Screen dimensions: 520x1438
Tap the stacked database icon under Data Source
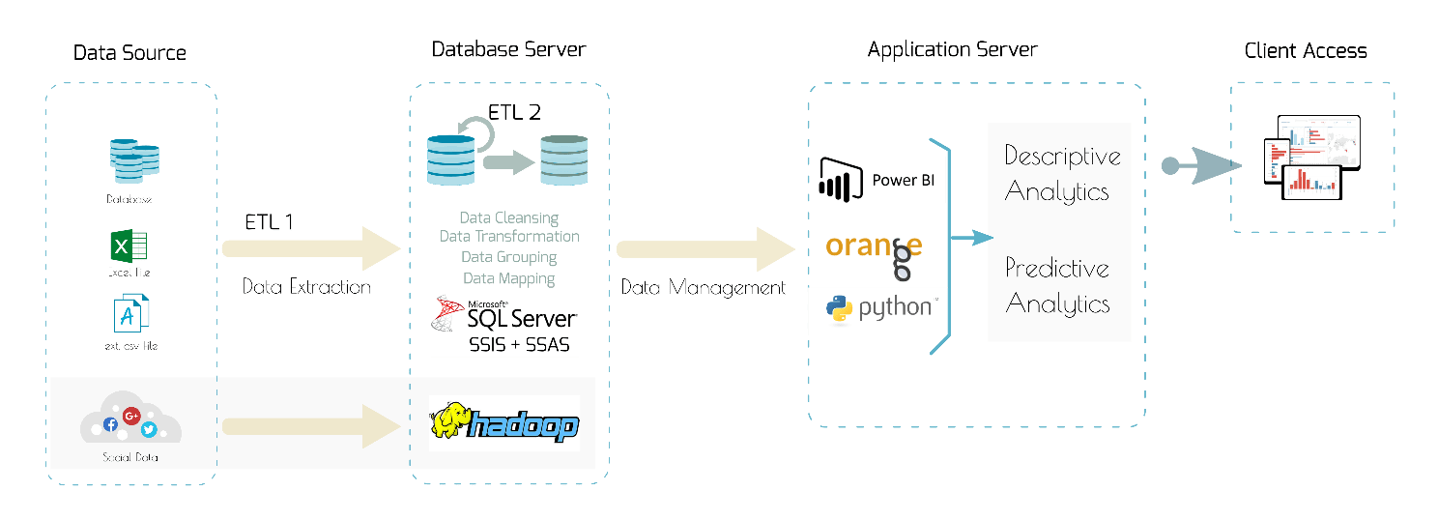click(x=133, y=161)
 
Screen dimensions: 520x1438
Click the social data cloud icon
click(x=130, y=419)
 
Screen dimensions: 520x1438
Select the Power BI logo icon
click(x=840, y=179)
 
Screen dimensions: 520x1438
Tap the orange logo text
click(x=874, y=246)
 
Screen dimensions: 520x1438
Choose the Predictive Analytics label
click(x=1057, y=286)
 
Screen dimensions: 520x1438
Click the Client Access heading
click(x=1306, y=51)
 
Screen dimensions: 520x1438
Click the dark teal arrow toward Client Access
click(x=1202, y=165)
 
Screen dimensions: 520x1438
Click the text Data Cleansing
click(x=508, y=218)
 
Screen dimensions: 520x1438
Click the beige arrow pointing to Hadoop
click(x=310, y=426)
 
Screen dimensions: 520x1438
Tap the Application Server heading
click(x=952, y=50)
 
